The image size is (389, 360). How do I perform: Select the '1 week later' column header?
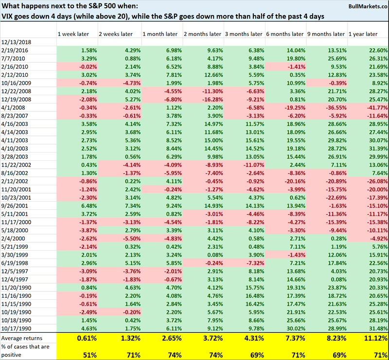(x=72, y=34)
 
